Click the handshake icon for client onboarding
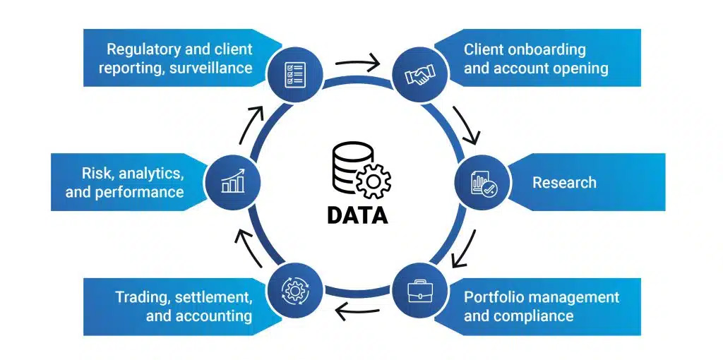[420, 76]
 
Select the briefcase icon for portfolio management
[420, 289]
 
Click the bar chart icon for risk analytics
[232, 182]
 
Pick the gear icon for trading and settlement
[294, 289]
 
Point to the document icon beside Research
[483, 182]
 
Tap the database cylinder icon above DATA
[346, 167]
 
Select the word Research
[564, 183]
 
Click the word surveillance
[210, 68]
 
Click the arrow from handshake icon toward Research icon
[467, 124]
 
